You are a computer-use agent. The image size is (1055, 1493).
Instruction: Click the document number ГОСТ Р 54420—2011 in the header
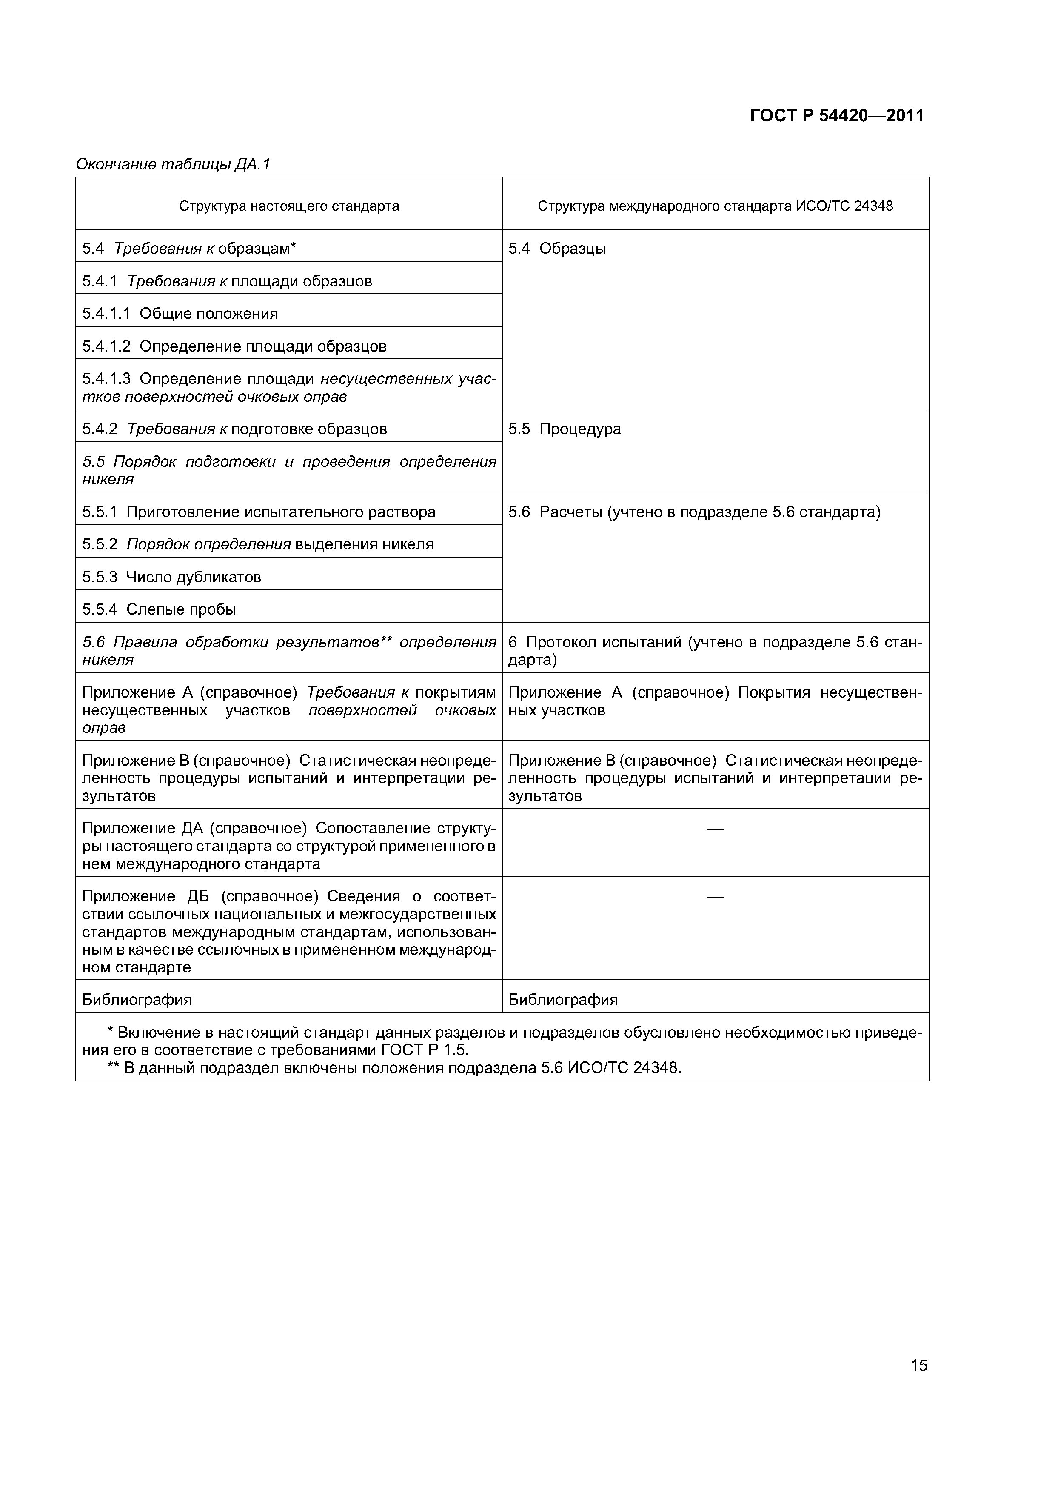point(837,116)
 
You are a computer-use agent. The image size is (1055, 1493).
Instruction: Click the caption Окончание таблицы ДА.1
point(173,165)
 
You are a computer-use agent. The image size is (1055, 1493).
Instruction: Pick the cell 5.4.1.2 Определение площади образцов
point(234,346)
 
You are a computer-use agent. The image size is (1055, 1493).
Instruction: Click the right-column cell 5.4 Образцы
point(557,249)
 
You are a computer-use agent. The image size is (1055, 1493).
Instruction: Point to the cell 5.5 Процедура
point(564,429)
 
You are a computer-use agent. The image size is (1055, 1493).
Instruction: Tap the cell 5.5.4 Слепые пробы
point(159,610)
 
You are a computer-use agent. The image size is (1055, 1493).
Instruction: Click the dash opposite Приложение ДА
point(715,829)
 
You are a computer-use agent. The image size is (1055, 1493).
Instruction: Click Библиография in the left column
point(137,999)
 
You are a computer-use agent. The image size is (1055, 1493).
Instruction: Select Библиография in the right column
point(563,999)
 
